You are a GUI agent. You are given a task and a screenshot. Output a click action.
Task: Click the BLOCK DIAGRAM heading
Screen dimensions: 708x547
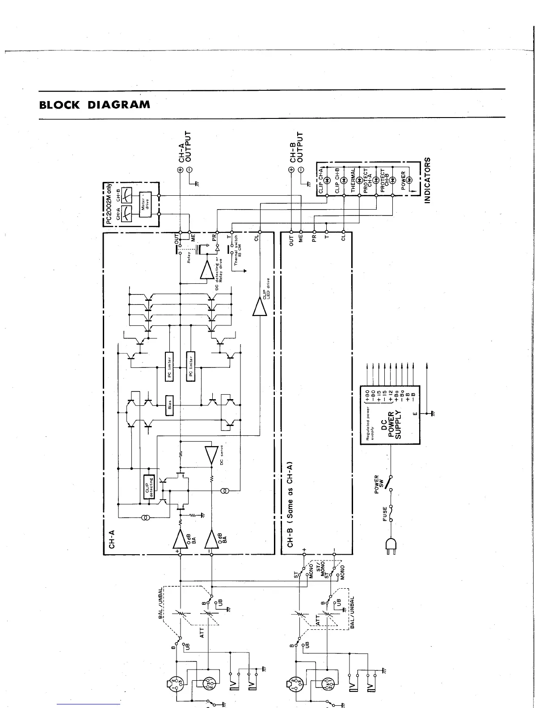point(94,105)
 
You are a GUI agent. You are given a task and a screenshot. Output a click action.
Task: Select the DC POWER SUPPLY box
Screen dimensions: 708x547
point(390,415)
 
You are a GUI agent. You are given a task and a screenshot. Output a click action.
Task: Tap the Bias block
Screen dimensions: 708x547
point(170,405)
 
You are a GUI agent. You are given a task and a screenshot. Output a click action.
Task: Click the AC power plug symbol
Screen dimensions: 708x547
point(391,546)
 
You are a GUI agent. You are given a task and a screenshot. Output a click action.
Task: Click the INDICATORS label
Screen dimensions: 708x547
point(427,180)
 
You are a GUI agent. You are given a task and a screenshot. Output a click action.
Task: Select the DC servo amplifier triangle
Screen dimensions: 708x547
point(210,455)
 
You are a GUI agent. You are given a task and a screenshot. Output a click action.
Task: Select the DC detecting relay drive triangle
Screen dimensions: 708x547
point(207,270)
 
